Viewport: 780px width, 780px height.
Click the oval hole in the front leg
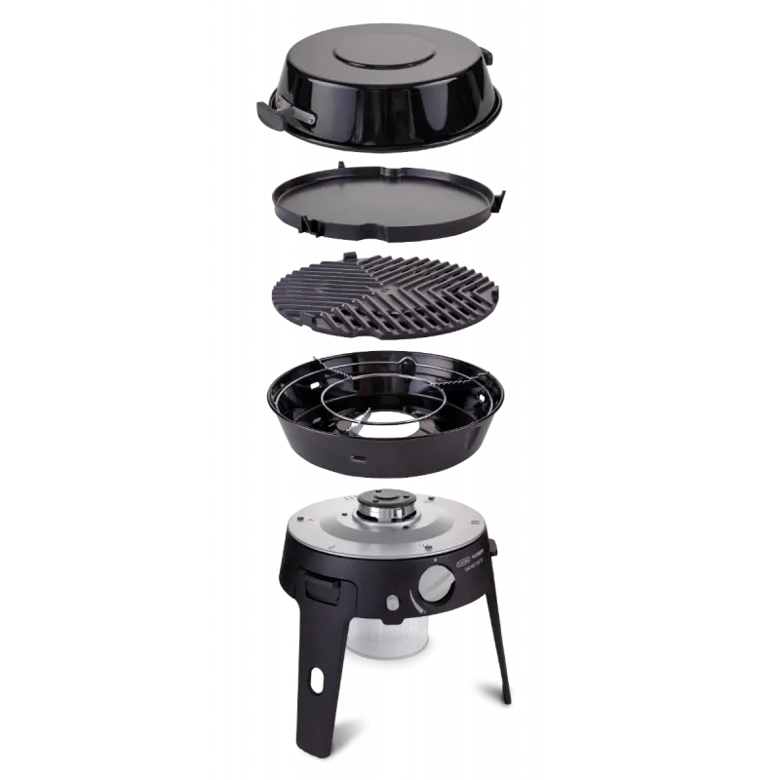click(317, 674)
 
